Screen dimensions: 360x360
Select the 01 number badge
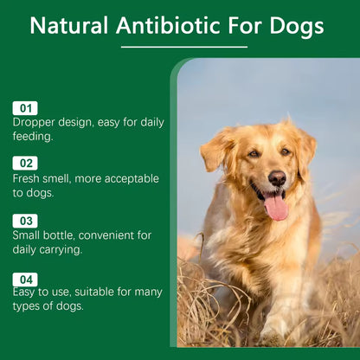[25, 108]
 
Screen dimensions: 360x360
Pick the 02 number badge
[25, 163]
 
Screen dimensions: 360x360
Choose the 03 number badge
[25, 221]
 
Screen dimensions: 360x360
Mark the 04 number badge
[25, 279]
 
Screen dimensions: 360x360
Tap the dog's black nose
[277, 178]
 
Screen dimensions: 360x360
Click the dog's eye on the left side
[254, 154]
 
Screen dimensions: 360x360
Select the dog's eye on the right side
[286, 152]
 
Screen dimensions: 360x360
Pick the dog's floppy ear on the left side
[216, 151]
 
